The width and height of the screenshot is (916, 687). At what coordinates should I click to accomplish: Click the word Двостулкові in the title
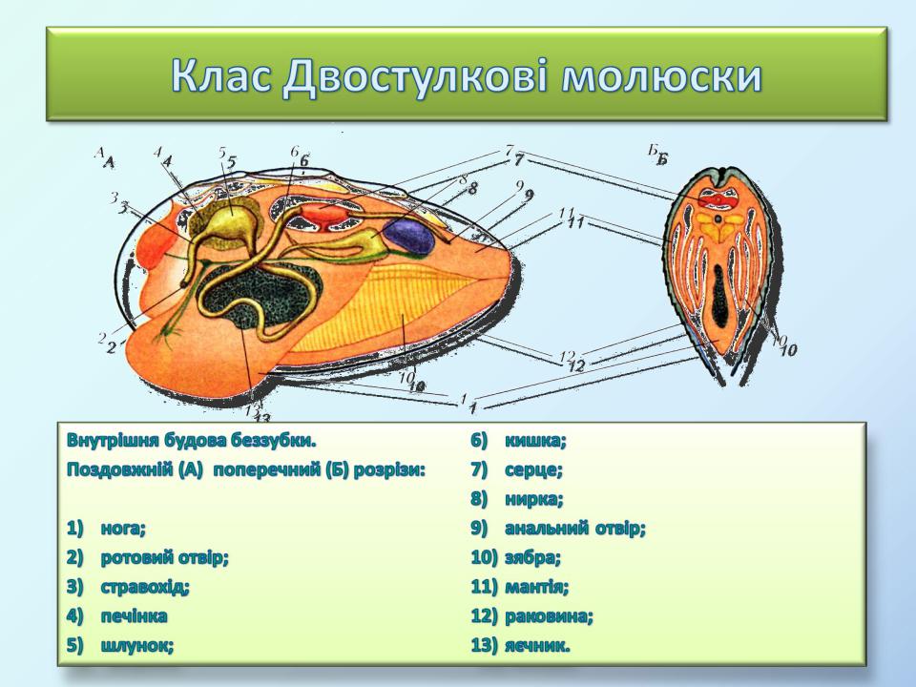point(415,77)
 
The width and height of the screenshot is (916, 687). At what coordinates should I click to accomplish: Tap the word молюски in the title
point(661,76)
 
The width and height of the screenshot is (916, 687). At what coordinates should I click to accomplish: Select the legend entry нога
point(123,529)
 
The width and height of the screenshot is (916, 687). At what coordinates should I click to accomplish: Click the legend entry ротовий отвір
point(165,558)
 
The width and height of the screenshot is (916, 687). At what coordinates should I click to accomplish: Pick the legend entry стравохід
point(145,587)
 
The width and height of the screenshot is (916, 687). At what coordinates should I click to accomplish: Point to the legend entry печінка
point(134,615)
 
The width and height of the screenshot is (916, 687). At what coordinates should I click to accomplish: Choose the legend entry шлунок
point(137,646)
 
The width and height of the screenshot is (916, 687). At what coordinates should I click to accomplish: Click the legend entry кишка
point(535,441)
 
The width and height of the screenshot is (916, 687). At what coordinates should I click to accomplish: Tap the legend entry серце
point(533,469)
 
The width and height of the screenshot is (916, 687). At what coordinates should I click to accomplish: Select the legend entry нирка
point(534,499)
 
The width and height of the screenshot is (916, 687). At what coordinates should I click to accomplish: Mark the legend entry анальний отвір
point(574,529)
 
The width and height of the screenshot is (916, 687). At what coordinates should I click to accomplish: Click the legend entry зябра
point(532,558)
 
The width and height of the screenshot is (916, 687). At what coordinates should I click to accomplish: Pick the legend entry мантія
point(536,587)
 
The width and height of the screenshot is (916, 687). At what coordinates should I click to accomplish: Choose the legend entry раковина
point(549,615)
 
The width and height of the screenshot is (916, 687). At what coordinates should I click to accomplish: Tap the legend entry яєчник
point(537,646)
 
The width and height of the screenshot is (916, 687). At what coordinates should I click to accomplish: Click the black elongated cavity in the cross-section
point(721,295)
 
